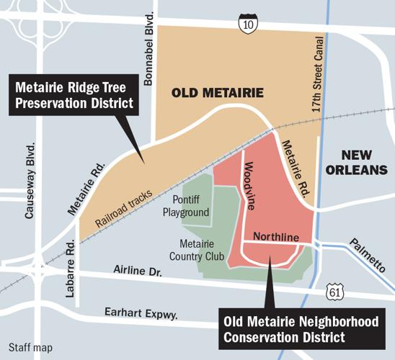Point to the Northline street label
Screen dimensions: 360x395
pyautogui.click(x=278, y=236)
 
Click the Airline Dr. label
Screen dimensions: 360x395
pyautogui.click(x=141, y=271)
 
